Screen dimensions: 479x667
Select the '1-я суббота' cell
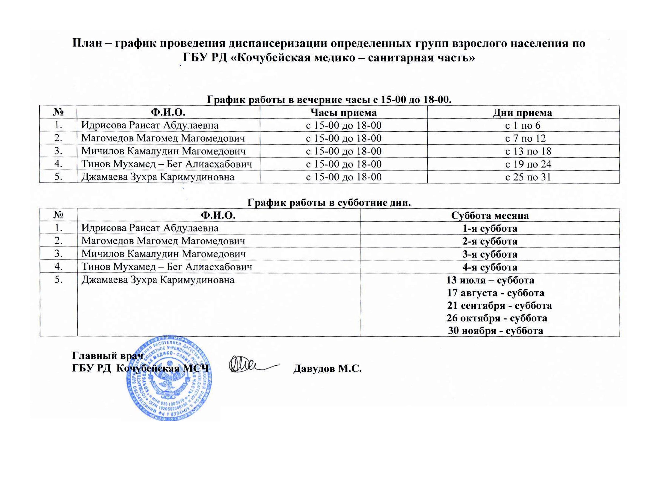coord(490,228)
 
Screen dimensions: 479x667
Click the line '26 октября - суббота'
coord(497,318)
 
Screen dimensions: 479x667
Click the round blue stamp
coord(170,379)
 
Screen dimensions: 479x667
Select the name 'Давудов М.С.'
coord(327,369)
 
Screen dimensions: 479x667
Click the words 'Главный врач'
coord(108,356)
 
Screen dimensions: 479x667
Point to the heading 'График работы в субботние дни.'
coord(329,203)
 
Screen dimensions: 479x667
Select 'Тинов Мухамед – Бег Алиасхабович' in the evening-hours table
coord(166,164)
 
